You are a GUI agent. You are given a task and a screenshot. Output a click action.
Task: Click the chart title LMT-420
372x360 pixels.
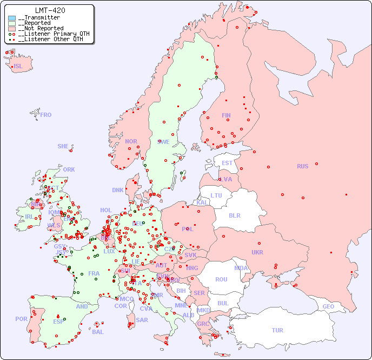coord(50,10)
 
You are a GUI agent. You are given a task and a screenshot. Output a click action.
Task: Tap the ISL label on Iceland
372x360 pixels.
coord(18,67)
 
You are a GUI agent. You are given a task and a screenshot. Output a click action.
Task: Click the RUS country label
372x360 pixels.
coord(302,166)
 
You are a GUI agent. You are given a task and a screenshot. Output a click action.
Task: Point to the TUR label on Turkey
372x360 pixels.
coord(277,330)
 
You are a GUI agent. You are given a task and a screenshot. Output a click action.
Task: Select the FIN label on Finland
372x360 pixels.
coord(226,115)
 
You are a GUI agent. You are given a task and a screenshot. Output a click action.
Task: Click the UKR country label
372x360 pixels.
coord(257,252)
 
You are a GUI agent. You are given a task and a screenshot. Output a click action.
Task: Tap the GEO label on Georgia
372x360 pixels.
coord(328,306)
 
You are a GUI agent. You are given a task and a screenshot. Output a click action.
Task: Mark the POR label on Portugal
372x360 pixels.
coord(21,319)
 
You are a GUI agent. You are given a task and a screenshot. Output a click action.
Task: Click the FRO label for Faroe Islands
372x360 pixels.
coord(46,115)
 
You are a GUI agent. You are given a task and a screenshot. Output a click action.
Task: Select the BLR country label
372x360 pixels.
coord(234,215)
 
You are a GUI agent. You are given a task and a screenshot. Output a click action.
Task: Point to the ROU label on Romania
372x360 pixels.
coord(221,279)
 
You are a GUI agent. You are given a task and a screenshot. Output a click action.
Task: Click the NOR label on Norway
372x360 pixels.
coord(131,141)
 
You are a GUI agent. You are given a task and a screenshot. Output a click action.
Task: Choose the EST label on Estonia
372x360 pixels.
coord(227,163)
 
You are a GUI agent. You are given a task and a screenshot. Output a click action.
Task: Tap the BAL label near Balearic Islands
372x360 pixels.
coord(97,332)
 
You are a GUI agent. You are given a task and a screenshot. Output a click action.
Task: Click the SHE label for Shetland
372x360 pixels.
coord(63,146)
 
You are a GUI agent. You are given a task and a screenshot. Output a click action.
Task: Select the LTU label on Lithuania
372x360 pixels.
coord(216,195)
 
